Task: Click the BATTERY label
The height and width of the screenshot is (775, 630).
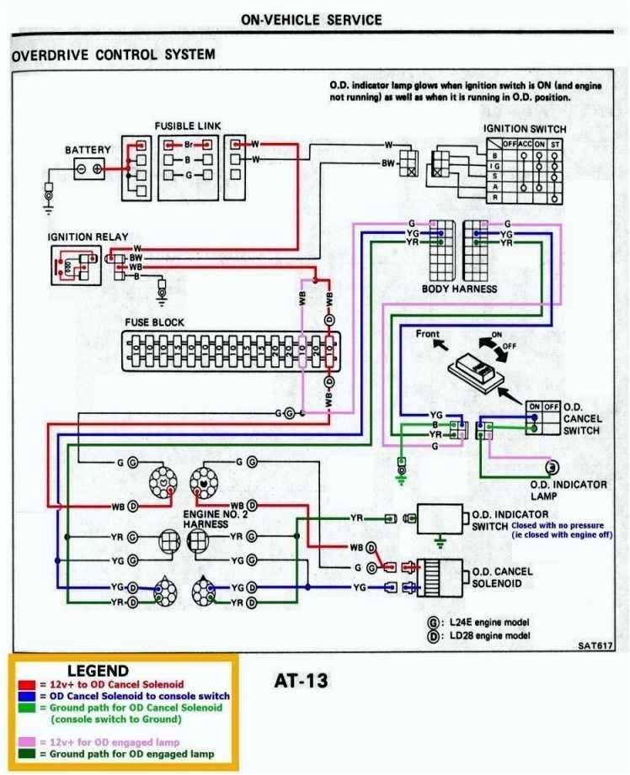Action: (x=88, y=150)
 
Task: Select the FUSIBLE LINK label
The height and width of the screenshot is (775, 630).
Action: (x=187, y=126)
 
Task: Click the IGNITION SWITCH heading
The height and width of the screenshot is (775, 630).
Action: (x=524, y=129)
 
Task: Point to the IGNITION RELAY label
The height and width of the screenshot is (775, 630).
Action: (x=82, y=236)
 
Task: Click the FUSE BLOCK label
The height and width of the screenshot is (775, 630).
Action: (x=154, y=322)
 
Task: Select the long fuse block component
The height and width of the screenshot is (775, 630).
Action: (x=232, y=350)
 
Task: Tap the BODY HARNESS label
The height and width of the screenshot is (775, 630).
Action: (x=459, y=289)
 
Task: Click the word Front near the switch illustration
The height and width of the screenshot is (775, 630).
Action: (x=428, y=334)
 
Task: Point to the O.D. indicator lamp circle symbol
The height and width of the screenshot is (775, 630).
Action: (x=553, y=467)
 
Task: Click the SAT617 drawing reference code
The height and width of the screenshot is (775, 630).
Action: (x=595, y=646)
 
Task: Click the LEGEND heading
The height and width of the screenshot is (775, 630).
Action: (x=98, y=671)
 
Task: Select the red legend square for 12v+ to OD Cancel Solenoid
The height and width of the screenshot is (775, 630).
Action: (x=21, y=685)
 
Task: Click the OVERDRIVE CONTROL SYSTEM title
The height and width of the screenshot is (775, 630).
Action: (x=113, y=55)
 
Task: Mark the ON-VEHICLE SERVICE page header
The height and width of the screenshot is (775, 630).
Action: (x=311, y=19)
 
